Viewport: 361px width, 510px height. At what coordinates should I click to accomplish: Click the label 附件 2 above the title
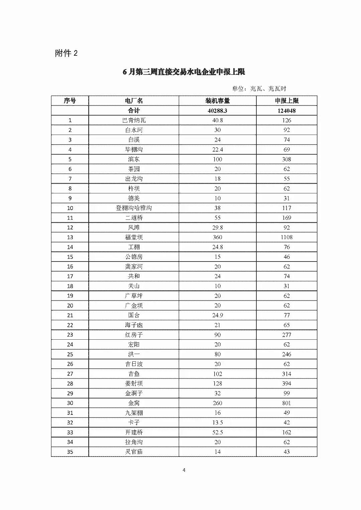click(x=66, y=53)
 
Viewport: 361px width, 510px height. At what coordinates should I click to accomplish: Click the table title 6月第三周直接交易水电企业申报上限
click(x=184, y=72)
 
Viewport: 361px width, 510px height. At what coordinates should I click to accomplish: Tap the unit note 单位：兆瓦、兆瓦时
click(x=259, y=89)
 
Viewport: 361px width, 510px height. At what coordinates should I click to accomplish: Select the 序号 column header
click(x=70, y=101)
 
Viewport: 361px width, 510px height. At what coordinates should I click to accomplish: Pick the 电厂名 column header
click(x=134, y=101)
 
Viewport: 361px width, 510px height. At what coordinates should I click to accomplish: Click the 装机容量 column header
click(x=217, y=101)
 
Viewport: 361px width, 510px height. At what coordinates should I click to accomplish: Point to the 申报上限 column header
click(x=286, y=101)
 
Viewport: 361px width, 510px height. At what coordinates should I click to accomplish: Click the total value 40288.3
click(x=217, y=111)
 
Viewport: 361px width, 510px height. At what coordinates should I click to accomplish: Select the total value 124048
click(x=286, y=111)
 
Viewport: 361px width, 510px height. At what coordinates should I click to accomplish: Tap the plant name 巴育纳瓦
click(x=134, y=120)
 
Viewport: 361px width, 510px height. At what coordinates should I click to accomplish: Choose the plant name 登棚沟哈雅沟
click(x=134, y=208)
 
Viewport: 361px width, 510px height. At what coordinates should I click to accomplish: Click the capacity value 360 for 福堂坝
click(x=217, y=237)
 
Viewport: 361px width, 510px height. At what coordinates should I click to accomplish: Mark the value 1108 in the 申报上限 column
click(x=286, y=237)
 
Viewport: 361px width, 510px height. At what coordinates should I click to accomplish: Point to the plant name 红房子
click(x=134, y=335)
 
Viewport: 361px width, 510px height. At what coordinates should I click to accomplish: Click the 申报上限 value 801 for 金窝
click(x=286, y=403)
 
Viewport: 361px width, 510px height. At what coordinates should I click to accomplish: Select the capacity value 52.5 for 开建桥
click(x=217, y=432)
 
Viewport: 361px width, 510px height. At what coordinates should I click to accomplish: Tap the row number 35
click(x=70, y=452)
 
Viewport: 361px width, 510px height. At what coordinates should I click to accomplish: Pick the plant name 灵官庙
click(x=134, y=452)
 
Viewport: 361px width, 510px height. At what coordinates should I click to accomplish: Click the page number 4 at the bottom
click(x=184, y=470)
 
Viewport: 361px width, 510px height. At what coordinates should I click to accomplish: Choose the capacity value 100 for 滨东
click(x=217, y=159)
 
